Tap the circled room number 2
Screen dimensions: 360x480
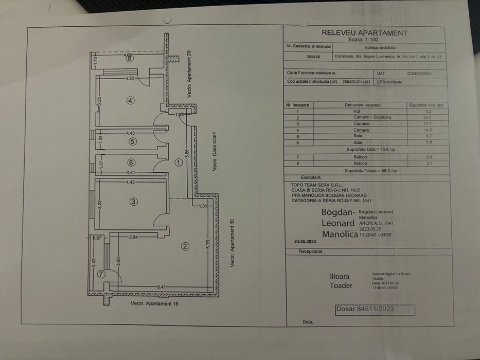coord(185,246)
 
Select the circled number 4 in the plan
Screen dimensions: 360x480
coord(131,100)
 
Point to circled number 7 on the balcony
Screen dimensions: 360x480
coord(101,274)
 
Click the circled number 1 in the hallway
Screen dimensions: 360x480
coord(179,163)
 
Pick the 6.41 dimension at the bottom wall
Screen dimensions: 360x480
coord(161,287)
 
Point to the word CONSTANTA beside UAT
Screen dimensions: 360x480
coord(419,74)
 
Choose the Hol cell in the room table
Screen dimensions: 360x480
coord(357,111)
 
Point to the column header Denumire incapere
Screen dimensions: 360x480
coord(363,105)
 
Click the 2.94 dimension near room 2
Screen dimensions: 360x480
coord(133,237)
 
